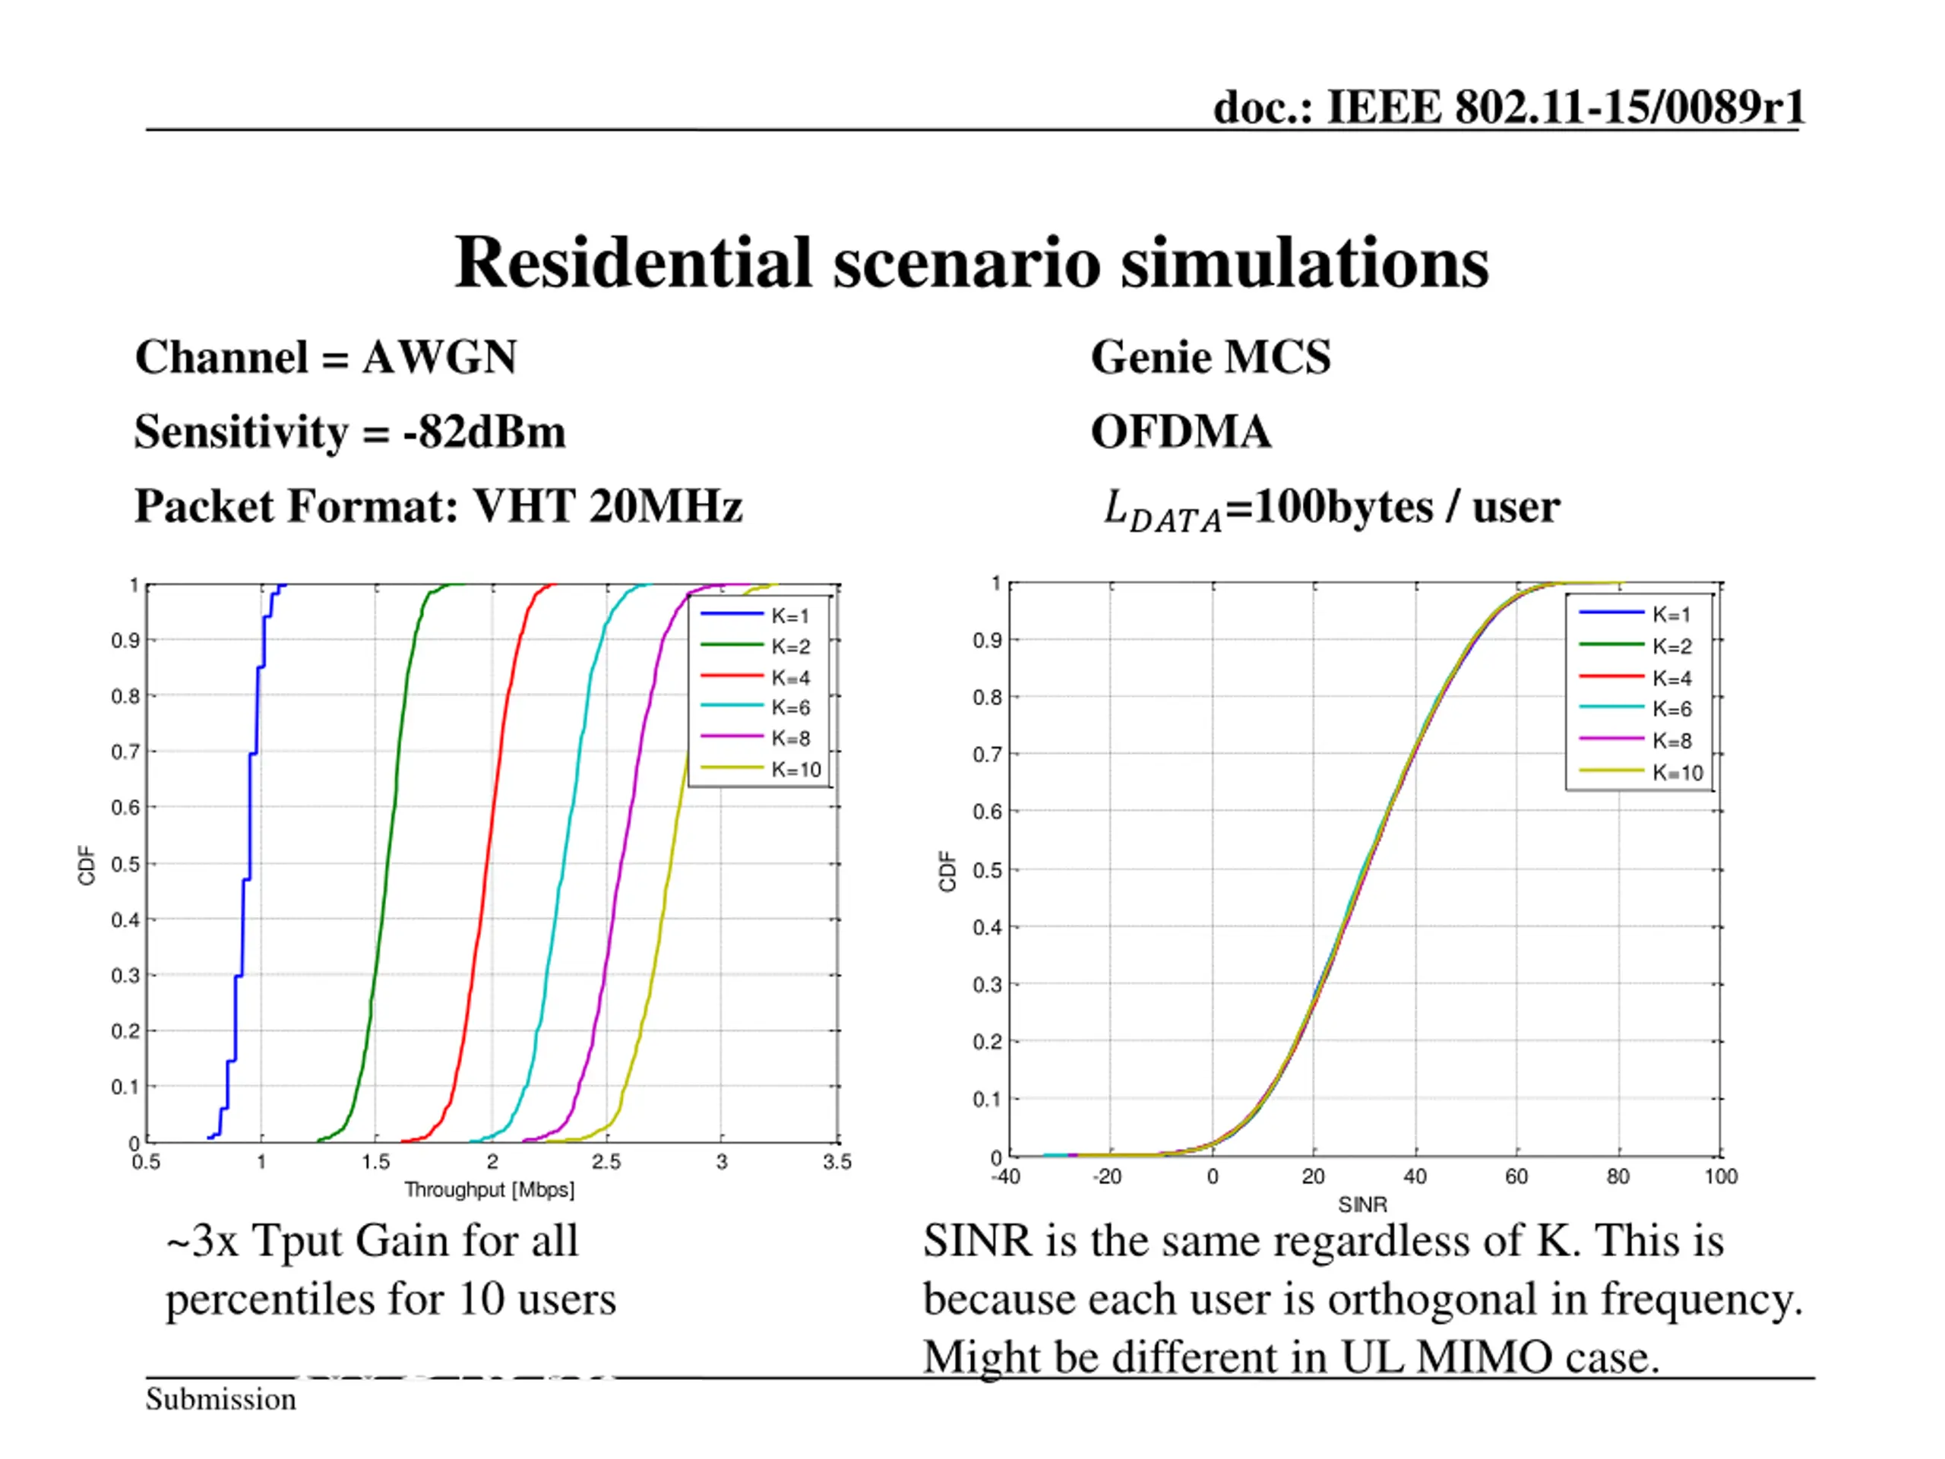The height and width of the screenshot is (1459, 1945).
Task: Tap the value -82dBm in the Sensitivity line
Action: click(484, 432)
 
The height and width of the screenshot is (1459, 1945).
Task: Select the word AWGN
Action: click(439, 357)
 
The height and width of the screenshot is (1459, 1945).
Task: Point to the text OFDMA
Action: click(1180, 432)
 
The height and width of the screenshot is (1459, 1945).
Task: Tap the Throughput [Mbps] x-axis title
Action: click(489, 1190)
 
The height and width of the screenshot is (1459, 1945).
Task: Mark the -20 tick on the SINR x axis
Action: click(1107, 1176)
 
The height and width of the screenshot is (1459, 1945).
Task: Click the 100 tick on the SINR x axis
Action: click(1720, 1176)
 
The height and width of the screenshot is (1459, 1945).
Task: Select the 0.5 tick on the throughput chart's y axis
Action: click(125, 863)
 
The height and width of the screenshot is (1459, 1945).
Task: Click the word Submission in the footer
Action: click(220, 1398)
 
